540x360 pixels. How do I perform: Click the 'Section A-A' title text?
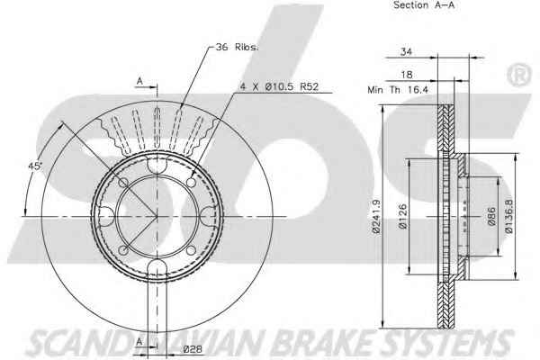(x=424, y=5)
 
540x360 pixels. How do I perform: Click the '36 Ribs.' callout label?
(x=237, y=47)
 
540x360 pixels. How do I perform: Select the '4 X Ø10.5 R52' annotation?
(x=279, y=86)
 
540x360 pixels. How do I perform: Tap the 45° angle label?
(x=34, y=166)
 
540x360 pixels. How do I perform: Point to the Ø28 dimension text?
(x=193, y=349)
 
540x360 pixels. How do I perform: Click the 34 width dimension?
(x=406, y=52)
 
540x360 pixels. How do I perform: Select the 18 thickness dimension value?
(x=407, y=75)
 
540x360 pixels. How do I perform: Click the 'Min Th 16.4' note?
(x=398, y=90)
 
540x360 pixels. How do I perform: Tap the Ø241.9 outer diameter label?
(x=376, y=216)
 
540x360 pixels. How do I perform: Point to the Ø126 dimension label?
(x=402, y=216)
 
